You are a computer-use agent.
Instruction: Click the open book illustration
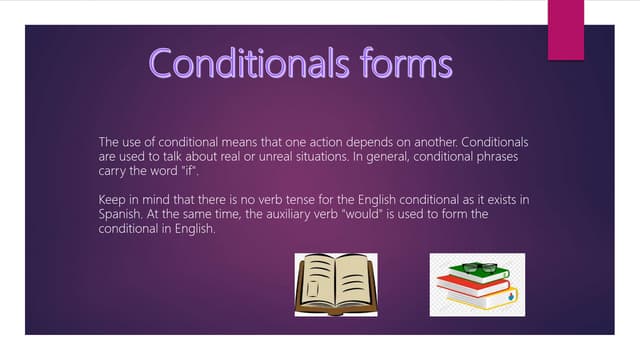click(335, 285)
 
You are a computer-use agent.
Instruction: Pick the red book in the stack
click(470, 289)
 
